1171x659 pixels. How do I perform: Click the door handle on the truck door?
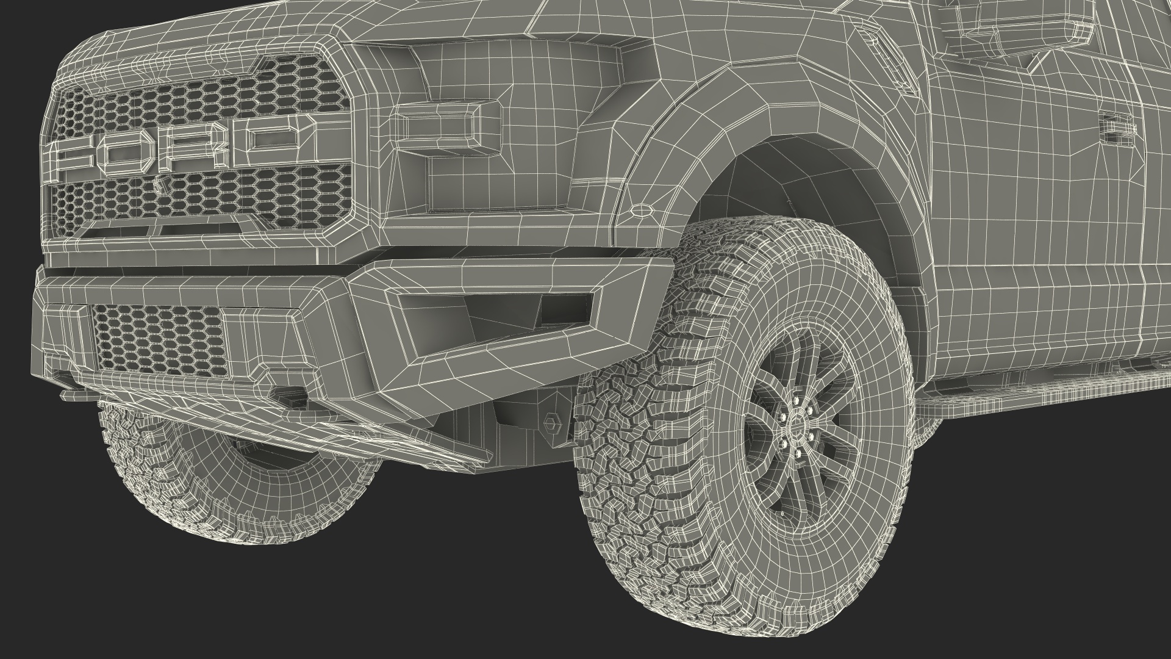1118,125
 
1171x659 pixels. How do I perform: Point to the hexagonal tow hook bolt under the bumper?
551,421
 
